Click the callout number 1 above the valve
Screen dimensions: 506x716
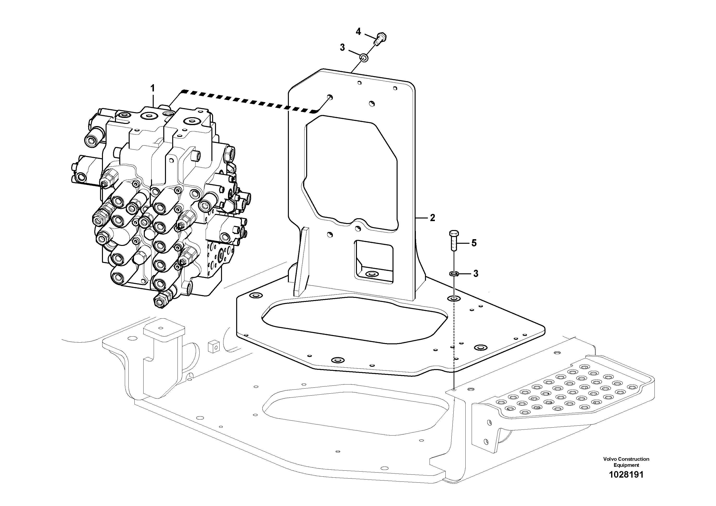[x=152, y=89]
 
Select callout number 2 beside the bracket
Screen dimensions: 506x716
[x=432, y=218]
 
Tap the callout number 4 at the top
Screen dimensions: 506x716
[x=358, y=32]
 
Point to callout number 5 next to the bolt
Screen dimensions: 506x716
[x=474, y=243]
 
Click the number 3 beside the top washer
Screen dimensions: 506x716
[x=342, y=48]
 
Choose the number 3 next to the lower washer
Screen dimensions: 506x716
[x=475, y=274]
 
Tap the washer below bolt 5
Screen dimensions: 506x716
[x=454, y=274]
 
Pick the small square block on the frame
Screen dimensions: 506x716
[x=214, y=346]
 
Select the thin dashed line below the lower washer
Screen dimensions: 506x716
[x=454, y=343]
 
